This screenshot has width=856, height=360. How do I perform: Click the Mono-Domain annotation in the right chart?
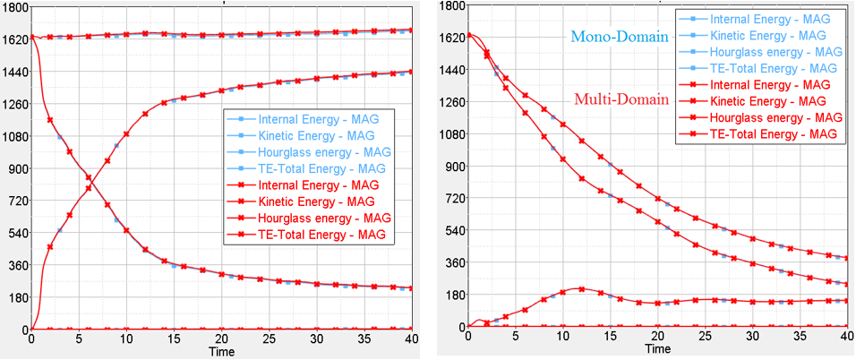[618, 39]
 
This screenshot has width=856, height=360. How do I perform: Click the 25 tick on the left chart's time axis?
[269, 340]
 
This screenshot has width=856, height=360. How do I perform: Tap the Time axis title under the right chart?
[657, 352]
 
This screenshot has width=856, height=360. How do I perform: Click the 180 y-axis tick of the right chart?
[452, 295]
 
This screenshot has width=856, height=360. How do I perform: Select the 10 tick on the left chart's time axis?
[126, 340]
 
